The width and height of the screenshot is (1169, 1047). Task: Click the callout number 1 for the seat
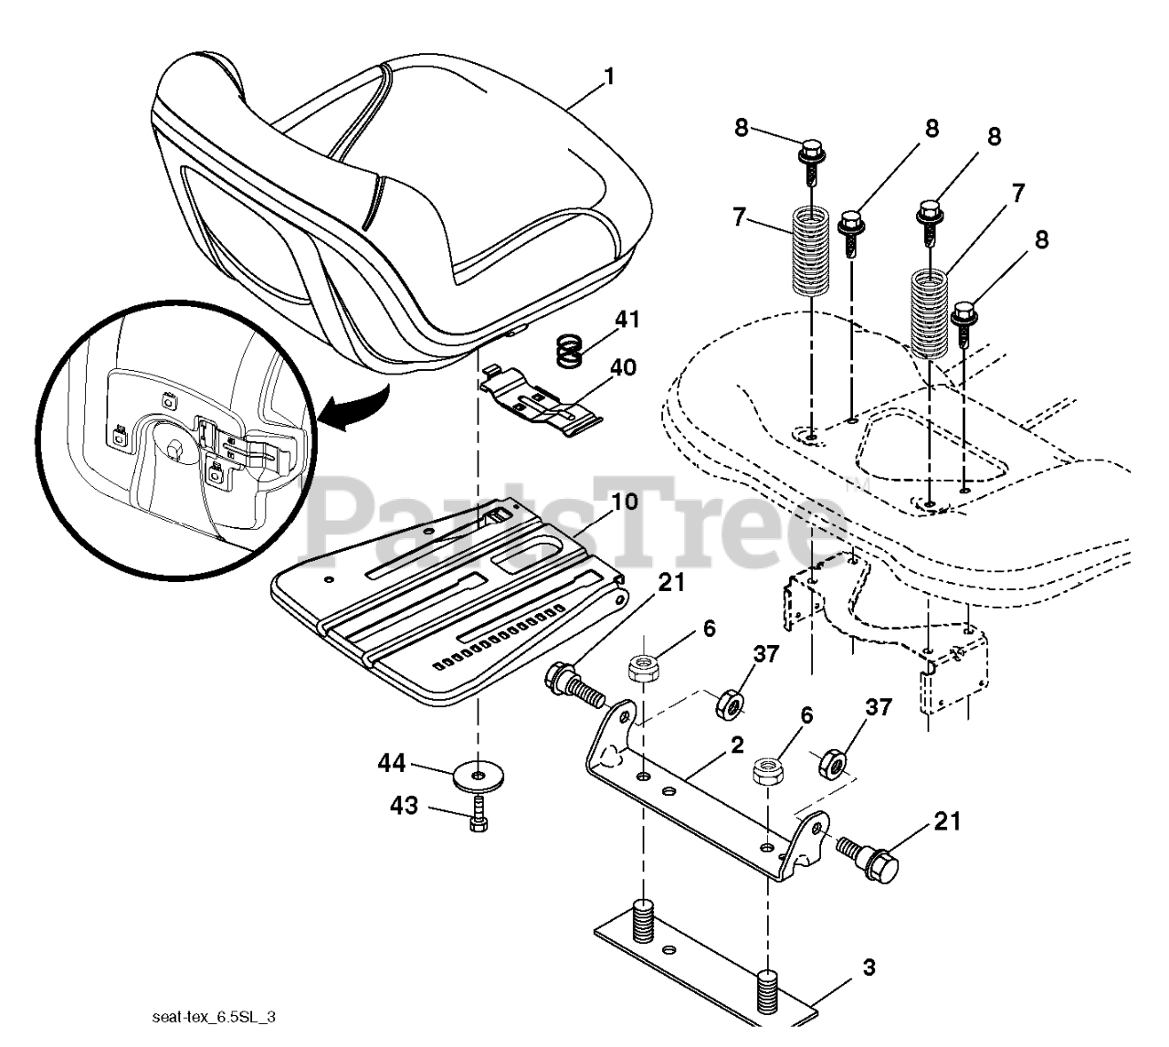tap(609, 77)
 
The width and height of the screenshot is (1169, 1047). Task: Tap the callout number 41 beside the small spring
tap(627, 321)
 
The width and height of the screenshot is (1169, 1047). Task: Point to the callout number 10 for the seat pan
tap(625, 502)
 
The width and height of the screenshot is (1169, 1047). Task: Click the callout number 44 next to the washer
tap(393, 763)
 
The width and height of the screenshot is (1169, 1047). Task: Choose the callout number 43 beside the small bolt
tap(405, 806)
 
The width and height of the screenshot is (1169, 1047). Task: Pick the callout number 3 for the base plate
tap(869, 967)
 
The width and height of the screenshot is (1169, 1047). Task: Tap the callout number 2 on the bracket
tap(736, 745)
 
